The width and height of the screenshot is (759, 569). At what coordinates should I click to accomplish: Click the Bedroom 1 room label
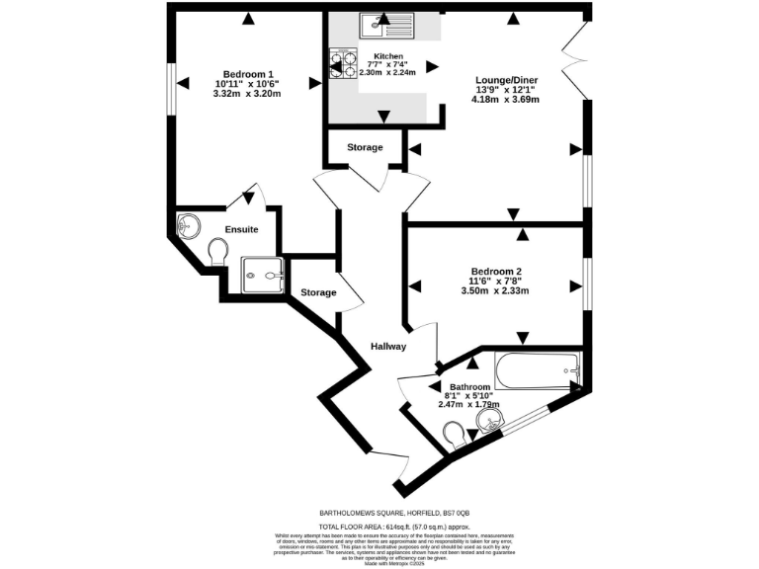click(248, 75)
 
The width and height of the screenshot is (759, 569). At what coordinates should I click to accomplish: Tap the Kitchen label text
click(388, 56)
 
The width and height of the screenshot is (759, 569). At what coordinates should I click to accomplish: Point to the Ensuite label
click(241, 229)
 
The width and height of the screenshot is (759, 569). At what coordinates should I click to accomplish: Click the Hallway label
click(388, 347)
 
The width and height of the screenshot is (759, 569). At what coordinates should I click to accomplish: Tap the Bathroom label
click(469, 387)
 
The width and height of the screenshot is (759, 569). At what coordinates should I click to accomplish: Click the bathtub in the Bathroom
click(538, 372)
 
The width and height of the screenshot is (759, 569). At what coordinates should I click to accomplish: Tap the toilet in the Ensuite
click(218, 254)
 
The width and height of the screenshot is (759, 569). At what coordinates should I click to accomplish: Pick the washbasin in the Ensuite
click(186, 226)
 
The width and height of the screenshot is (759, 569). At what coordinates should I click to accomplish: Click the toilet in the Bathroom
click(457, 435)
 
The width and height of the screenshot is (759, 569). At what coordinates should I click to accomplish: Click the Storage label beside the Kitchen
click(365, 148)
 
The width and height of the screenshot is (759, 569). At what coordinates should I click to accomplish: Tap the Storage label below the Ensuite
click(318, 292)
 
